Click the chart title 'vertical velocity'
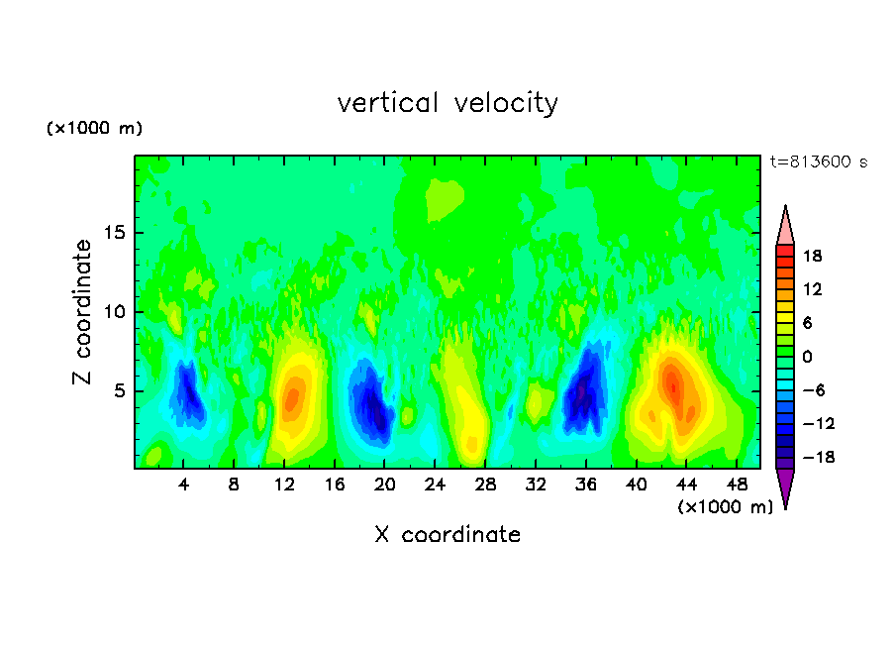447,103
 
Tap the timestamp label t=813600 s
818,162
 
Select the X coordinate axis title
447,535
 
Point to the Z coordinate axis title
82,312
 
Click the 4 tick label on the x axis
184,485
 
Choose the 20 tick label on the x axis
385,485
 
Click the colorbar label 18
812,256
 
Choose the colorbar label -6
812,390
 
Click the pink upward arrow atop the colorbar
785,225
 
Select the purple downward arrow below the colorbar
785,487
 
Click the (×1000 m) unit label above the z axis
95,129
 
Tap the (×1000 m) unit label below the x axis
726,507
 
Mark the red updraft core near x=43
672,381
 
